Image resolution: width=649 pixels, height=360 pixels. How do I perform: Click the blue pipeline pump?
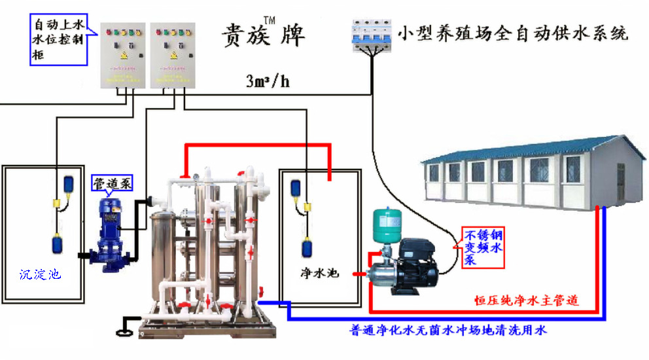[105, 228]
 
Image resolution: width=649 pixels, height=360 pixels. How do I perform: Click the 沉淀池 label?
[40, 274]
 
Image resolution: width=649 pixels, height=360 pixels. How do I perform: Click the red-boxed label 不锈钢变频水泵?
[483, 247]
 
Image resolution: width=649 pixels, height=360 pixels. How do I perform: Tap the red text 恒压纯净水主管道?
[526, 301]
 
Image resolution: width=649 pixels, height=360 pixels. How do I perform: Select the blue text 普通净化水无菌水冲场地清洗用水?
[447, 330]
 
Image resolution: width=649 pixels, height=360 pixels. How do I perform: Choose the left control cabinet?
[122, 56]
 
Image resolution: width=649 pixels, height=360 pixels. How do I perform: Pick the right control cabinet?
[173, 56]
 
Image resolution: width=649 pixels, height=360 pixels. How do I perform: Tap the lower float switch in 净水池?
[307, 249]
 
